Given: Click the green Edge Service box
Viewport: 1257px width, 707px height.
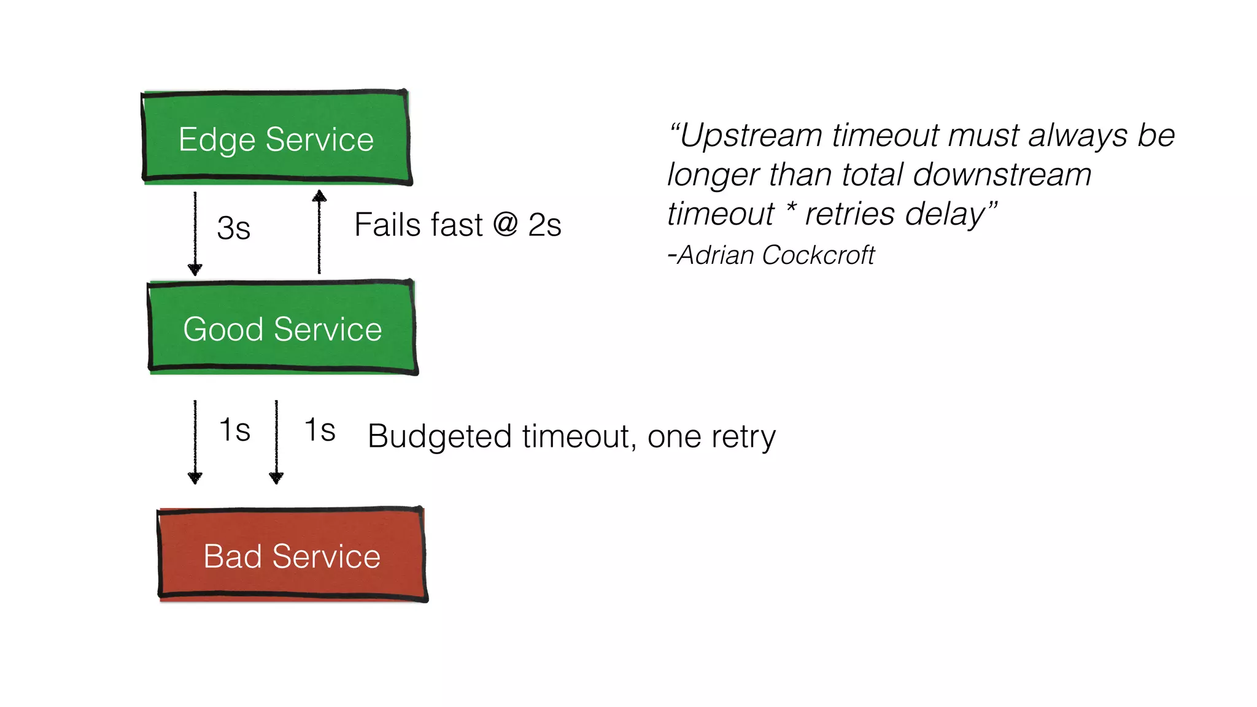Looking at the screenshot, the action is [x=276, y=137].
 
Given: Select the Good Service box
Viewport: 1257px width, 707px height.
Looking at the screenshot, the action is [x=282, y=328].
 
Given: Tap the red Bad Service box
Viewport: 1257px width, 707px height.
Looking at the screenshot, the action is [x=292, y=555].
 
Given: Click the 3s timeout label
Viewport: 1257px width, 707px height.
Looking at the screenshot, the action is [x=234, y=228].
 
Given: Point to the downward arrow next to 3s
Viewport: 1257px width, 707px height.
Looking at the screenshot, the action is [x=195, y=233].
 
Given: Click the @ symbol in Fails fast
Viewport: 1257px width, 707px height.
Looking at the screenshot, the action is [x=506, y=225].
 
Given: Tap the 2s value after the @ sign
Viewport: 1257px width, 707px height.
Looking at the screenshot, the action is [x=544, y=225].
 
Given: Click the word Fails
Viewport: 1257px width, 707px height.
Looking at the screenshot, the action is [x=386, y=225].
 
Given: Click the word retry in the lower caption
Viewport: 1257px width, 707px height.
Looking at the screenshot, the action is [x=744, y=437].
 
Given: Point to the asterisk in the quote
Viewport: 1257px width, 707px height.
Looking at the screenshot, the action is [x=791, y=210].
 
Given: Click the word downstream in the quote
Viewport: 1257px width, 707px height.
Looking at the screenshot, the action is [x=1002, y=175].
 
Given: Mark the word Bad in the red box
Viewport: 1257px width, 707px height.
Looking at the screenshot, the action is [x=233, y=557].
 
